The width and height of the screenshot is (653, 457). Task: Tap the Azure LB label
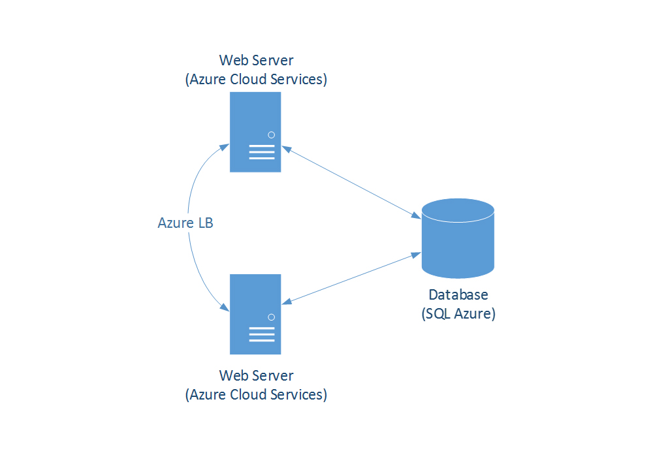pos(186,223)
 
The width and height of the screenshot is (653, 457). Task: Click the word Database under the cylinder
pos(458,295)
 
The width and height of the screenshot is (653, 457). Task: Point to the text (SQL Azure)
pos(458,314)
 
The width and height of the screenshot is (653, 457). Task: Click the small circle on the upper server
pos(271,134)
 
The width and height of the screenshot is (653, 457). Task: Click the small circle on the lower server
pos(271,317)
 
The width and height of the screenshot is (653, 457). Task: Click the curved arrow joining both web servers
pos(189,196)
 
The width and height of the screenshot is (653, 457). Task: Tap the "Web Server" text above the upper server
pos(256,61)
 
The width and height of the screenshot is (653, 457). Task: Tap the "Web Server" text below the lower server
pos(256,376)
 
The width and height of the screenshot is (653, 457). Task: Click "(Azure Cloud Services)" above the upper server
pos(256,80)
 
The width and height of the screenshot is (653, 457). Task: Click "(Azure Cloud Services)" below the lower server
pos(256,395)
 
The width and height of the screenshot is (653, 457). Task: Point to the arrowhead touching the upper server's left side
pos(225,144)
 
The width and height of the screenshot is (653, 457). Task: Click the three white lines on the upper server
pos(262,153)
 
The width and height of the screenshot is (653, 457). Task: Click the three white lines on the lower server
pos(262,335)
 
